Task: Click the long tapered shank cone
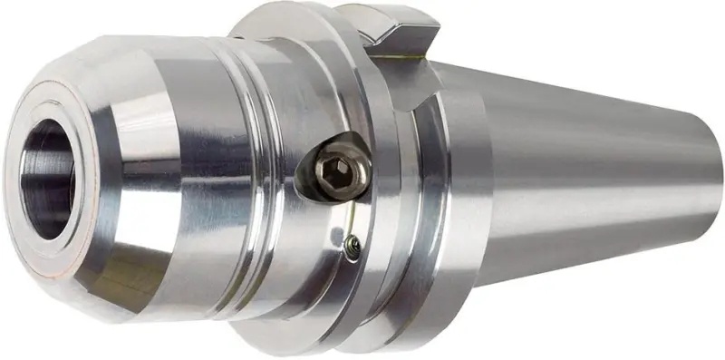tap(589, 181)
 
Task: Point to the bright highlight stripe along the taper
tap(589, 136)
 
